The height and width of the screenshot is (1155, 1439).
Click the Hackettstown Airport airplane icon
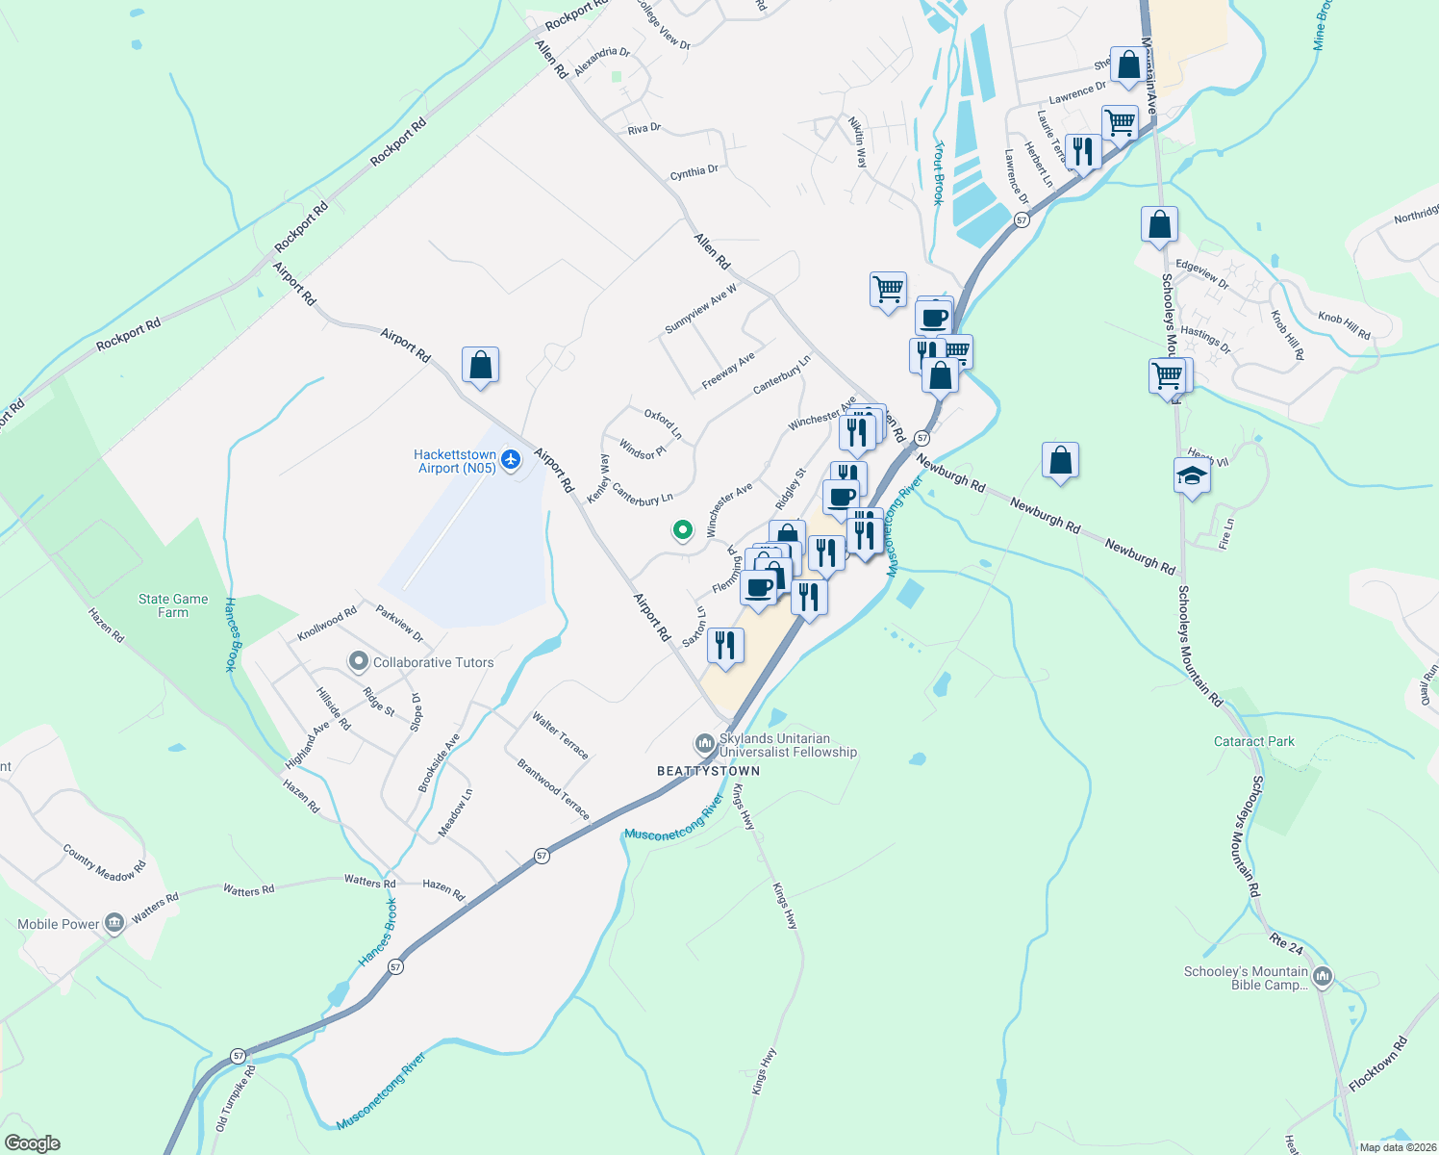click(511, 460)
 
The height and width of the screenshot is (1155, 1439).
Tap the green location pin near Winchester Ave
click(682, 529)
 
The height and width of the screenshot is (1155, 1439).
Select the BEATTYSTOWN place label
click(708, 771)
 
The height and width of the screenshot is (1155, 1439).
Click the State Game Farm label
click(173, 605)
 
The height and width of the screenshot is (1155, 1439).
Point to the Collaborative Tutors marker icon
click(359, 661)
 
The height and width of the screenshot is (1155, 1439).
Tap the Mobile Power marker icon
click(114, 924)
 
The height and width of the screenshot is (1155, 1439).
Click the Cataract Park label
click(1254, 741)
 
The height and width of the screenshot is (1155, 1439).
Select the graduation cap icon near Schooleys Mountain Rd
click(1192, 476)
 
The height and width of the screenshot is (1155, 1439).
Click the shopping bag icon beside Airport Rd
click(480, 366)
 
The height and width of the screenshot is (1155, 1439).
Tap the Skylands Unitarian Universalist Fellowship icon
click(705, 744)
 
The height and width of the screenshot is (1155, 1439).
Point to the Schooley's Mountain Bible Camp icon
click(1323, 977)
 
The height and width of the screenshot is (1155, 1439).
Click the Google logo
click(32, 1143)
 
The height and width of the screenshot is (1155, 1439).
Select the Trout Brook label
click(938, 173)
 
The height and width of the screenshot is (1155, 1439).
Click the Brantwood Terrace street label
click(553, 789)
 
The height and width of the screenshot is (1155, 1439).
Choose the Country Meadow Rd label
click(104, 862)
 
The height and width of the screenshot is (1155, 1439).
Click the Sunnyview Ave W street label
click(700, 309)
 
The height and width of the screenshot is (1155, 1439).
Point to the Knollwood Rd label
click(327, 623)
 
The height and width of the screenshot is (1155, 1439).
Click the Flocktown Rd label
click(1377, 1063)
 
